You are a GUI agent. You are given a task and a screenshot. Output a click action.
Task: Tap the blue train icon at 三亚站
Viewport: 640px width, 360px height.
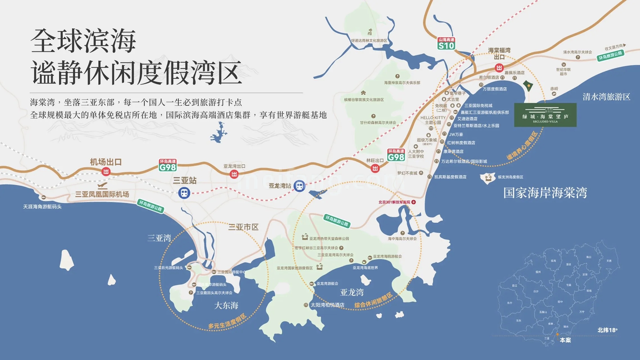(184, 193)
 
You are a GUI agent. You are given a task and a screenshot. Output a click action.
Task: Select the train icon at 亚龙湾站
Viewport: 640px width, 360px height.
(299, 186)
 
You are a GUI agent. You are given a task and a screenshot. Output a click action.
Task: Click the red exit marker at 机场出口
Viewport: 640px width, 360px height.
(106, 171)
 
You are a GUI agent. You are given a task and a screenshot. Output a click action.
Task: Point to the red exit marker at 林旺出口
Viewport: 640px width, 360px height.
(375, 168)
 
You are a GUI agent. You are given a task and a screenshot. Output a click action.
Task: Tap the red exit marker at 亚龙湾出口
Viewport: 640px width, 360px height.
(234, 174)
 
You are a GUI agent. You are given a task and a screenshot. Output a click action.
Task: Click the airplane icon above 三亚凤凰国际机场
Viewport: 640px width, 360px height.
(102, 186)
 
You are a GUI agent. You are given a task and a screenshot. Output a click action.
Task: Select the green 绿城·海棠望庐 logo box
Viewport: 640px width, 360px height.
(545, 115)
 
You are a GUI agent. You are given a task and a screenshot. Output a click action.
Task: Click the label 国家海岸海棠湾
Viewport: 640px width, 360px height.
(545, 193)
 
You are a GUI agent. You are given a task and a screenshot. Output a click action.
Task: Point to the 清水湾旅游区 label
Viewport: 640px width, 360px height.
(606, 97)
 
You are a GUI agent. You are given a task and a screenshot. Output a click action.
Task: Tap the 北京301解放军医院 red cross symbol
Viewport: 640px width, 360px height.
(414, 202)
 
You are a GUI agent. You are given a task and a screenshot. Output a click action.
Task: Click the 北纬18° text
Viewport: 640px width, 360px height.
(607, 330)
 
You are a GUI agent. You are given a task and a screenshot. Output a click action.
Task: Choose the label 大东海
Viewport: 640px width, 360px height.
(226, 305)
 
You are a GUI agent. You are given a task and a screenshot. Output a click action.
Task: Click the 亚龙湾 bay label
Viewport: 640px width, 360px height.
(351, 292)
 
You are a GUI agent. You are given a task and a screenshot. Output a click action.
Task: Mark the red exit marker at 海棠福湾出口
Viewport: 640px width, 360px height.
(499, 68)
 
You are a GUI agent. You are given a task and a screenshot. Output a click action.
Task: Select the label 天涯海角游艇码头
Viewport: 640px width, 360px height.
(42, 207)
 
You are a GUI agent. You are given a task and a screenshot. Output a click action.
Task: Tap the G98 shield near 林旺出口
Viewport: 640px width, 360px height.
(396, 155)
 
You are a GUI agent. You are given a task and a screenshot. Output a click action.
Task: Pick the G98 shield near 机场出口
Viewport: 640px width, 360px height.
(168, 165)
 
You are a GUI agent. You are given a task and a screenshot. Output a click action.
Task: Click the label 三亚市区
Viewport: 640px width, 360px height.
(243, 227)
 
